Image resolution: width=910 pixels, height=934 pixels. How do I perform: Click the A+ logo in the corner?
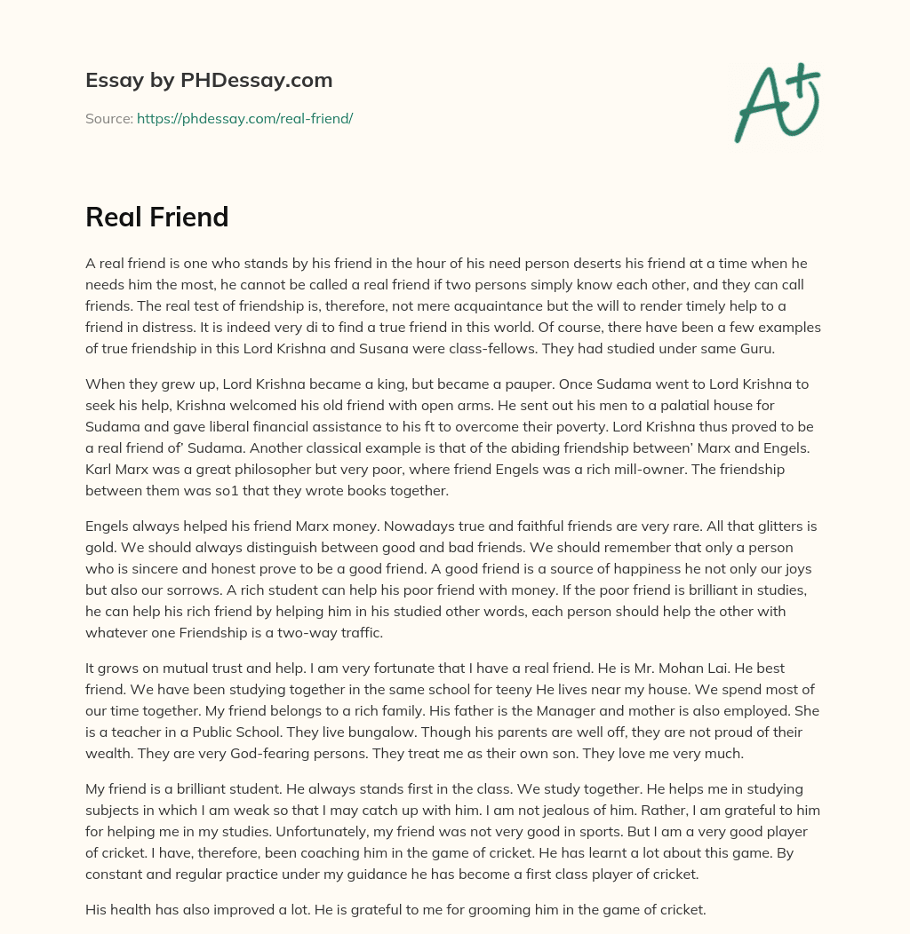pos(777,102)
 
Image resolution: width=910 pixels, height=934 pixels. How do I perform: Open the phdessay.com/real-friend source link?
pos(244,118)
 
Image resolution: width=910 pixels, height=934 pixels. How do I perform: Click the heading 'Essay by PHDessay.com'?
pos(209,80)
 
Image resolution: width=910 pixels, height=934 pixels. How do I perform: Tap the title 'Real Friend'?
pos(157,217)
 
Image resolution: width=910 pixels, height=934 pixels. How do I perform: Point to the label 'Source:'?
pos(108,118)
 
